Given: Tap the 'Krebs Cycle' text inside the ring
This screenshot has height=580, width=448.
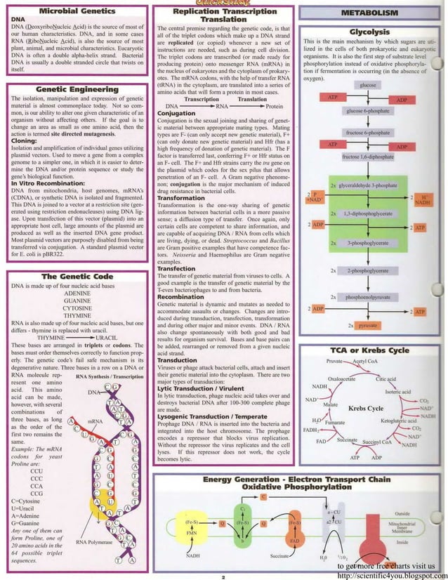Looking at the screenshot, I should pos(365,408).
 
